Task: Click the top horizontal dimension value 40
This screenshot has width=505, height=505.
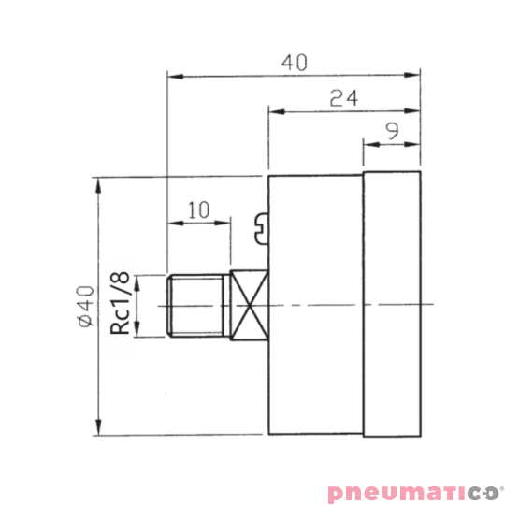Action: coord(295,63)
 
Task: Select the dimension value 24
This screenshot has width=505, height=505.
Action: coord(344,98)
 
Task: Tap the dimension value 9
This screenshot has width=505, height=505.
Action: coord(393,131)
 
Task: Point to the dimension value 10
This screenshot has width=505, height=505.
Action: coord(198,209)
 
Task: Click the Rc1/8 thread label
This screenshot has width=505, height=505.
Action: coord(120,303)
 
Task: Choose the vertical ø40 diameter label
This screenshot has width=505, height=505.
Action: coord(86,307)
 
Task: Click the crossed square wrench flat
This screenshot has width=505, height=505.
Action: coord(250,305)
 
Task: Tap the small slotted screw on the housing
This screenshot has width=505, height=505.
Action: coord(262,228)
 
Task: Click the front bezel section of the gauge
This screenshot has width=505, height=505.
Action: coord(392,304)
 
